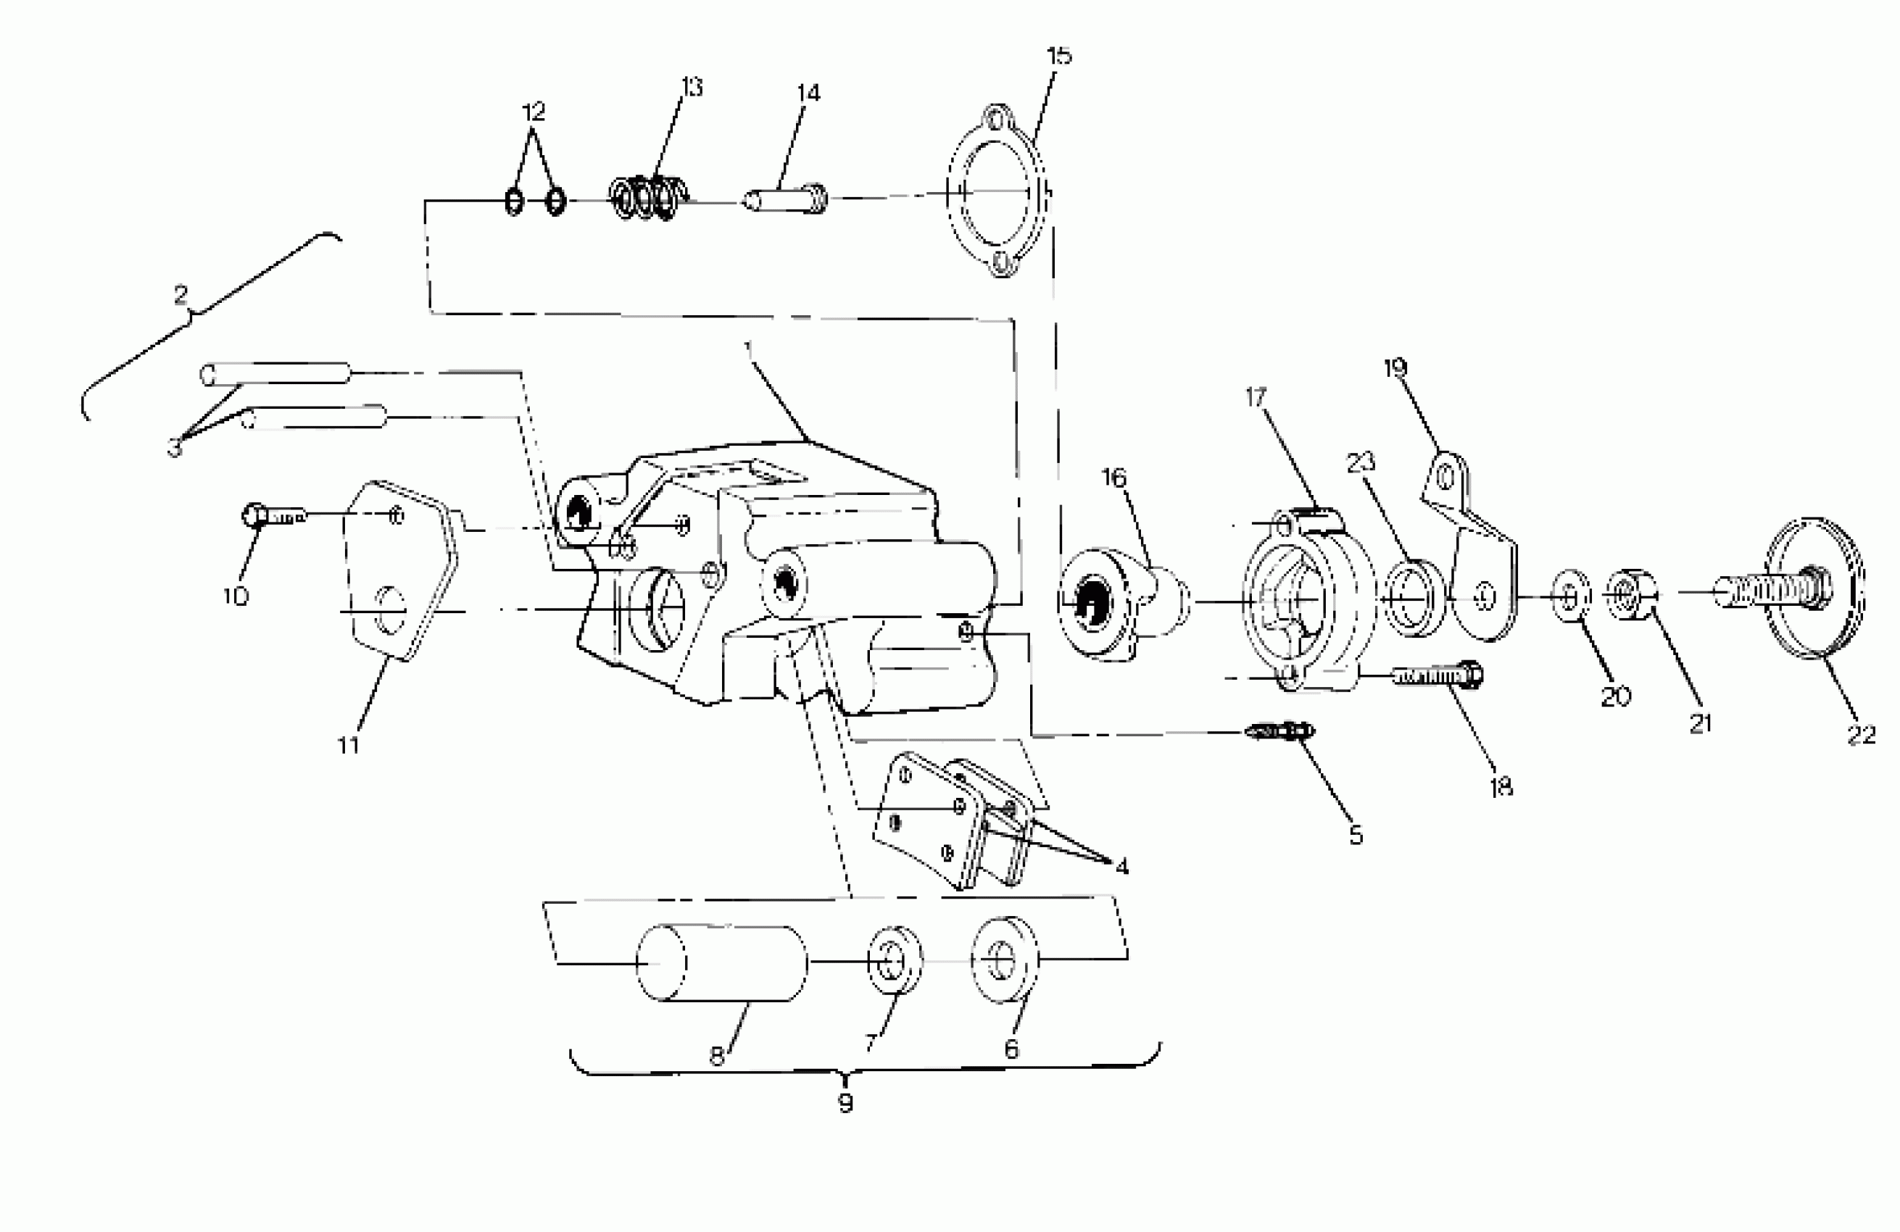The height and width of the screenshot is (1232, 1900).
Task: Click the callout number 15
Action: [x=1058, y=56]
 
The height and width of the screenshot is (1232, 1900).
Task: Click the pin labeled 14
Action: [x=787, y=199]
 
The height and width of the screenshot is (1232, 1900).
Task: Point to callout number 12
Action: [x=534, y=112]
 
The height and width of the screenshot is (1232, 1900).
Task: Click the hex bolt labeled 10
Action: [x=271, y=516]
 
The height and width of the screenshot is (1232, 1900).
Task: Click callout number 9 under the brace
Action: [x=845, y=1104]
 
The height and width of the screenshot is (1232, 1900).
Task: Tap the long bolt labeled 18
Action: [x=1437, y=676]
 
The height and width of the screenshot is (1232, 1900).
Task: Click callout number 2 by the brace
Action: [x=181, y=296]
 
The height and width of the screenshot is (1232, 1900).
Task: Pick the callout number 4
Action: [x=1121, y=866]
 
